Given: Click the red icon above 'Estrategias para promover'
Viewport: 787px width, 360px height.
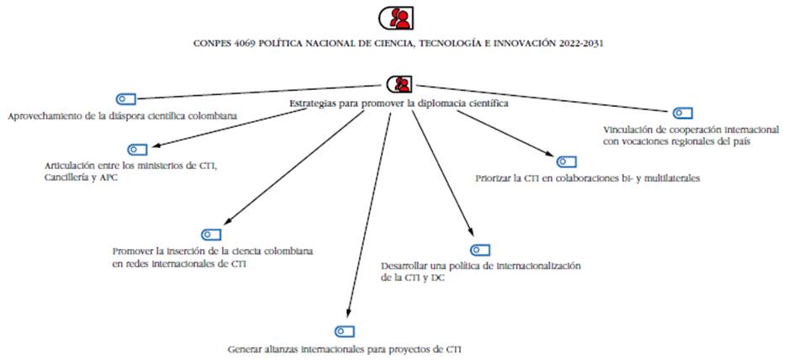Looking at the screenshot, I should point(399,84).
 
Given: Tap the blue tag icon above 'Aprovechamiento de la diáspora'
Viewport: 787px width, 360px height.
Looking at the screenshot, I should point(125,99).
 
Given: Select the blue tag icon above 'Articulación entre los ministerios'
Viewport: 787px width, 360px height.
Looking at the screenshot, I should point(138,149).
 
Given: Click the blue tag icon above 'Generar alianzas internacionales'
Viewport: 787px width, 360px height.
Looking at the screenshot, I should point(345,331).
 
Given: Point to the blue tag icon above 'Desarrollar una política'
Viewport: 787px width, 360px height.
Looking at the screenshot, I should point(479,250).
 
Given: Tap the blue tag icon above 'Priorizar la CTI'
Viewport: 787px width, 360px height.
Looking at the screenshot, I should point(566,161).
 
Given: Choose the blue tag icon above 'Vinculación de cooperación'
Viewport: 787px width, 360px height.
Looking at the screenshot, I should point(682,114).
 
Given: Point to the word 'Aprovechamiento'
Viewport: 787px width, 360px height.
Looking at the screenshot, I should point(44,115).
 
